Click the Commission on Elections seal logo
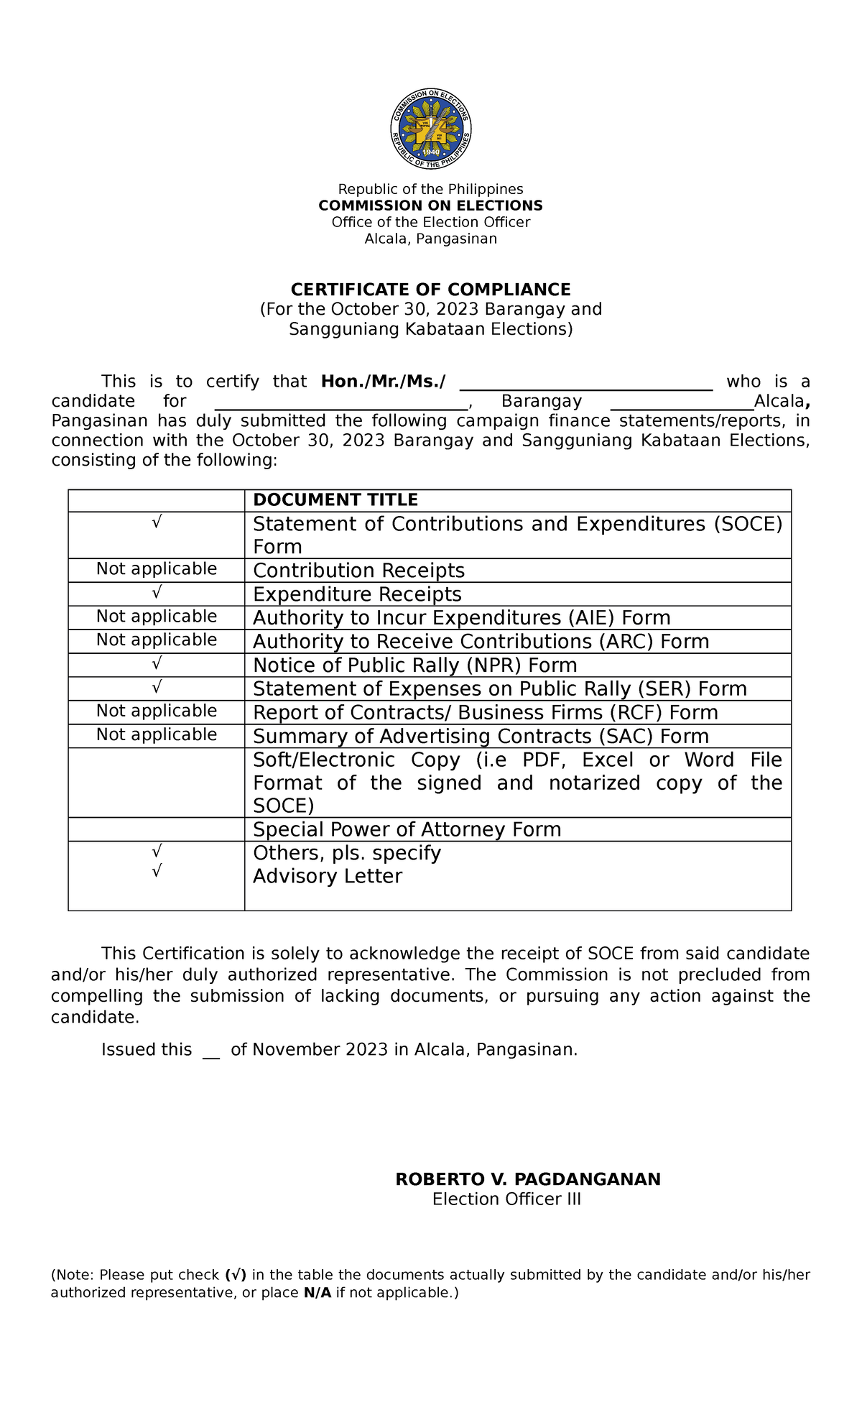click(431, 129)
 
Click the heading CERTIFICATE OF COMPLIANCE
click(430, 290)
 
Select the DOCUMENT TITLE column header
click(335, 500)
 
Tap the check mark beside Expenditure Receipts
click(157, 593)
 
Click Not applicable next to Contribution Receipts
click(157, 569)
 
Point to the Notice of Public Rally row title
click(414, 665)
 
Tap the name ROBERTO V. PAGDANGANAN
click(528, 1179)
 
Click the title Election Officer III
click(506, 1199)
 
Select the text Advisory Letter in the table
click(328, 877)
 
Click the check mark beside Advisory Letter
click(157, 871)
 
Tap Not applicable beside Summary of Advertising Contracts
click(157, 734)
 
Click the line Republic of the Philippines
click(430, 189)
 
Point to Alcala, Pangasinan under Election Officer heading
click(430, 239)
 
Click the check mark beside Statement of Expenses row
click(157, 688)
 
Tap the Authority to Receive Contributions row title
click(481, 642)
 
